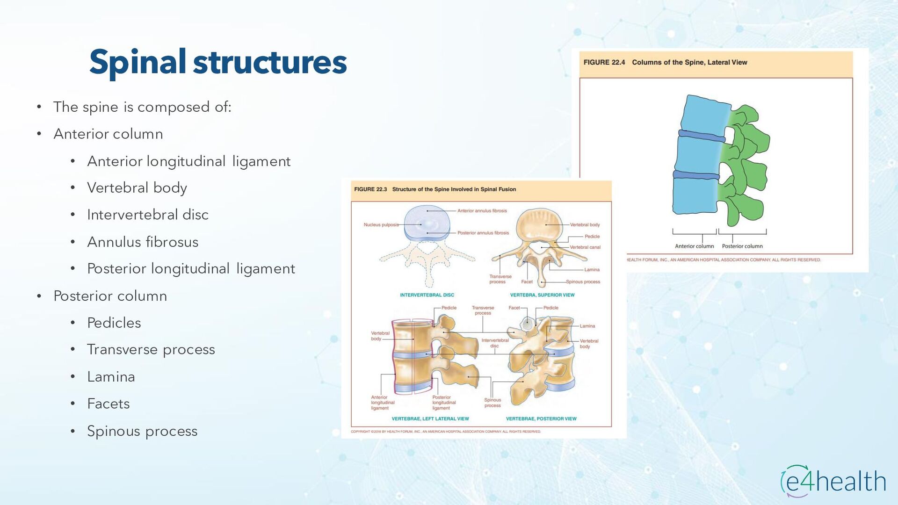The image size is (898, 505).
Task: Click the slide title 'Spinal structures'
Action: click(218, 62)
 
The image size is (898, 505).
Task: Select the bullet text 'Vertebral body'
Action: click(137, 188)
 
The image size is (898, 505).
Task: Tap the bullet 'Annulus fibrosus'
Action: click(143, 242)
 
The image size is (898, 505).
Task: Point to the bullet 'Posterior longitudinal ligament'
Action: click(191, 269)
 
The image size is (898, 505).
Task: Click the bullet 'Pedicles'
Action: click(114, 323)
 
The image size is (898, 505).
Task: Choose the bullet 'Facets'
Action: click(108, 404)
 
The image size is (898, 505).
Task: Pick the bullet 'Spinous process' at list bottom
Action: click(142, 431)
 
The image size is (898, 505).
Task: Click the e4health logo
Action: click(833, 482)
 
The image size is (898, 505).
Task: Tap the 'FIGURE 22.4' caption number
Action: click(604, 63)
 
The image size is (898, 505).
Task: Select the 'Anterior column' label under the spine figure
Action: click(694, 246)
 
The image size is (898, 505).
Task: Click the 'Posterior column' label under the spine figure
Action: click(742, 246)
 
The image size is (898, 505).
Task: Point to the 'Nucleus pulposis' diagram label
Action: click(381, 225)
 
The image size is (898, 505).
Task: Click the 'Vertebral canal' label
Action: click(585, 247)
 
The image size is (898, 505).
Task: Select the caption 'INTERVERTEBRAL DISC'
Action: click(427, 295)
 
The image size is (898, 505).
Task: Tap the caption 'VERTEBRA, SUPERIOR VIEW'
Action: click(542, 295)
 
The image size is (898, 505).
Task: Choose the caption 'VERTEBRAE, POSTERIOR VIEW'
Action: click(541, 419)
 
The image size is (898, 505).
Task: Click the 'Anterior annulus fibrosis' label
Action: click(482, 211)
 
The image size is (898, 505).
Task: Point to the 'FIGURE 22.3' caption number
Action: click(370, 189)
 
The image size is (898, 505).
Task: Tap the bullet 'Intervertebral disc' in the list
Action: click(148, 215)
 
